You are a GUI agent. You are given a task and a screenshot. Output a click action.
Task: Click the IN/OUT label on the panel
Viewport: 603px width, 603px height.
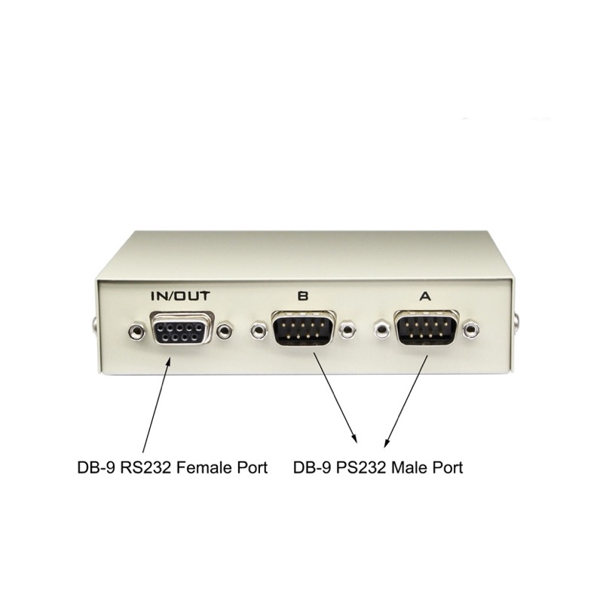180,296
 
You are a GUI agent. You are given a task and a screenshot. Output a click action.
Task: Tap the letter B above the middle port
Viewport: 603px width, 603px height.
303,296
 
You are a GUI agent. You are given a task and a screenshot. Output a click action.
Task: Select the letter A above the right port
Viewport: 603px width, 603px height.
425,296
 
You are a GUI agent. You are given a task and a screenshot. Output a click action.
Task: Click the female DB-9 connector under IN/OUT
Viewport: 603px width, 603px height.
180,329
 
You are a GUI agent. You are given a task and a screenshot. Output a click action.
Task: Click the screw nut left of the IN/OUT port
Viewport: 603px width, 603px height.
136,330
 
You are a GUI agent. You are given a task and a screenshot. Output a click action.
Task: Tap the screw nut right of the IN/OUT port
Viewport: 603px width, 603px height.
225,330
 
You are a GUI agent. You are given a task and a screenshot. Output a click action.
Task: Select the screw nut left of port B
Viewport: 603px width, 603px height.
259,330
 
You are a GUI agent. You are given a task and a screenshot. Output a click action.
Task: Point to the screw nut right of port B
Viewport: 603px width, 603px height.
347,330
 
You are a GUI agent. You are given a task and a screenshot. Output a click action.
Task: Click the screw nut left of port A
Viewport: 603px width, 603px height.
382,330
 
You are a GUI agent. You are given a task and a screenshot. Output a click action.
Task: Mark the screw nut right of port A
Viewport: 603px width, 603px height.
471,330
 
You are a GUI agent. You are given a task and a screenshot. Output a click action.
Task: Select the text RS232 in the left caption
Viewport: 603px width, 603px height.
146,468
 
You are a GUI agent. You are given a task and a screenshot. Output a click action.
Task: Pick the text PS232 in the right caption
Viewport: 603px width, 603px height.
362,468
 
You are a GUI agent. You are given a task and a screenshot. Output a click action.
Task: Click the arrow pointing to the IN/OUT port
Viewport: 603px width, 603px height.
157,405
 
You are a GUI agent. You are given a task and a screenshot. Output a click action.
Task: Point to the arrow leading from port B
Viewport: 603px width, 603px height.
335,398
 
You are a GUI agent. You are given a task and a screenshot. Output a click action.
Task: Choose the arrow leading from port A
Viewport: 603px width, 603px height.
406,401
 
